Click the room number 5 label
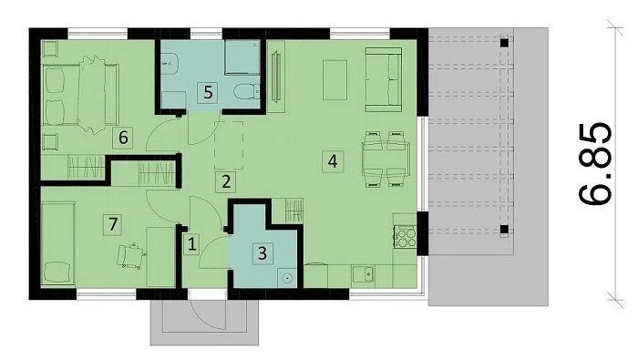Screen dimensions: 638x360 point(208,92)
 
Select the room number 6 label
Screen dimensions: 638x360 point(123,138)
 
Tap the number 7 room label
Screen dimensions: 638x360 point(113,224)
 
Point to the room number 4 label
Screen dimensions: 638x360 point(333,161)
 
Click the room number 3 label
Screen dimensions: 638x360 point(262,253)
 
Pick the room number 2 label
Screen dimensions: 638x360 point(226,182)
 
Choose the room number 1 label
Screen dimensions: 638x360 point(191,244)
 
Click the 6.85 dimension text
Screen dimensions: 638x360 point(594,163)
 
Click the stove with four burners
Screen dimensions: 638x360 point(405,237)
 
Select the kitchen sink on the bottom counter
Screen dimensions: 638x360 point(364,274)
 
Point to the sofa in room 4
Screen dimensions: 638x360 point(384,79)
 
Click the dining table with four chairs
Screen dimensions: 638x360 point(386,159)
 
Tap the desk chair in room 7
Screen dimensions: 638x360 point(131,256)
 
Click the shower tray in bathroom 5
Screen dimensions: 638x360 point(242,57)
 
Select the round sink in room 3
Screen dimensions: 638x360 point(287,278)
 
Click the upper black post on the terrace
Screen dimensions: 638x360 point(504,42)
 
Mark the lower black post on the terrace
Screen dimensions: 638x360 point(504,230)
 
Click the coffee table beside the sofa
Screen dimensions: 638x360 point(334,79)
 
